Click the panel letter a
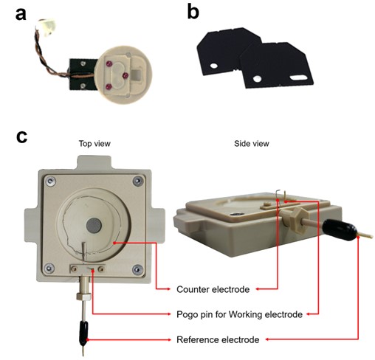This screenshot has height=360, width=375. coord(21,14)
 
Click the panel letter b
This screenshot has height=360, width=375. coord(193,13)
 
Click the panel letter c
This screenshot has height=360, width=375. coord(21,136)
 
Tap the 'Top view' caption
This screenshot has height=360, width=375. coord(94,144)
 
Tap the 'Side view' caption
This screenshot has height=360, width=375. coord(252,144)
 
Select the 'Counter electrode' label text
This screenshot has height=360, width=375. coord(213,289)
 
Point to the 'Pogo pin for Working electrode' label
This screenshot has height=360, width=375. coord(239,314)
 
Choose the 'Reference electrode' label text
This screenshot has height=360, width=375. coord(218,340)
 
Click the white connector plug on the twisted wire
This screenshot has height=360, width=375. coord(47,27)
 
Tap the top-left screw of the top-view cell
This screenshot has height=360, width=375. coord(51,181)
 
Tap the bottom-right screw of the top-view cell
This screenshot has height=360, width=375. coord(137,269)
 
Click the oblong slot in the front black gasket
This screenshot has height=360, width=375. coord(298,77)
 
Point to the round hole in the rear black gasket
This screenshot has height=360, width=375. coord(213,66)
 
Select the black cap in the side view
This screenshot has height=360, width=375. coord(340,229)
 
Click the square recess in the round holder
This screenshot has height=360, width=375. coord(137,75)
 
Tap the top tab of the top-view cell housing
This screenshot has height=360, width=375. coord(94,162)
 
